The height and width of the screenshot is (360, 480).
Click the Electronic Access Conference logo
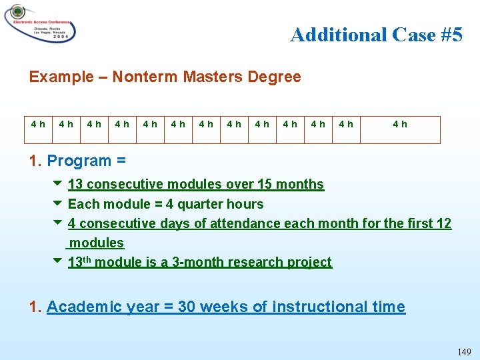(x=39, y=25)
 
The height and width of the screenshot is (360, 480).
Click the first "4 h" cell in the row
(x=38, y=124)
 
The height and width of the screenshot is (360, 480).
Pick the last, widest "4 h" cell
(x=400, y=124)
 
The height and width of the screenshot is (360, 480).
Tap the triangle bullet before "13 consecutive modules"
(x=57, y=183)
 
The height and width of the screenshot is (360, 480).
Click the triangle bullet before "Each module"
(x=57, y=203)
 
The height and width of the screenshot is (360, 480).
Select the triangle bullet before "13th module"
(x=57, y=261)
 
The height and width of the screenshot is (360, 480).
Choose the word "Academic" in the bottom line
(x=80, y=307)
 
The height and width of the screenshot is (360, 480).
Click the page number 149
(x=463, y=352)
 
